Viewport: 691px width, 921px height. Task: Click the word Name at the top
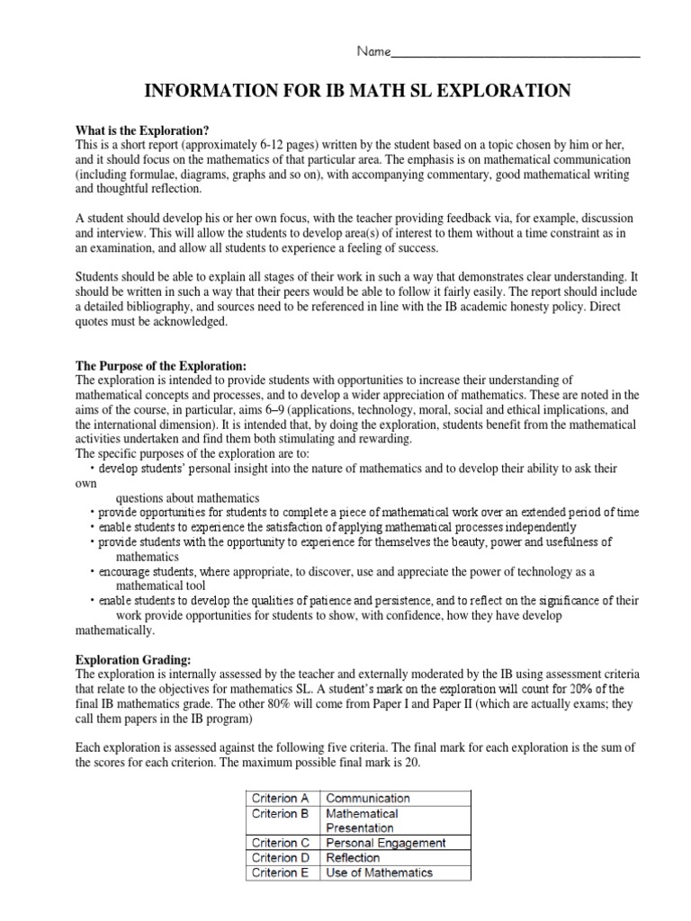coord(373,51)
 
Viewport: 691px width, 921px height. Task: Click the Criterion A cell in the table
coord(282,798)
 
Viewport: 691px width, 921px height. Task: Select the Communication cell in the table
coord(368,798)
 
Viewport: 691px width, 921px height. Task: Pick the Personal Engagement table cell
coord(386,843)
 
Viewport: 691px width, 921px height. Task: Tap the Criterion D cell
coord(282,858)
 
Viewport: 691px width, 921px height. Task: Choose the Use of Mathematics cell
coord(379,872)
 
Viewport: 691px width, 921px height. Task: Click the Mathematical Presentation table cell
coord(362,820)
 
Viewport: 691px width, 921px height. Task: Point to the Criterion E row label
coord(282,872)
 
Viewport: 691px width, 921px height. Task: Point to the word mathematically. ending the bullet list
coord(116,630)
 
